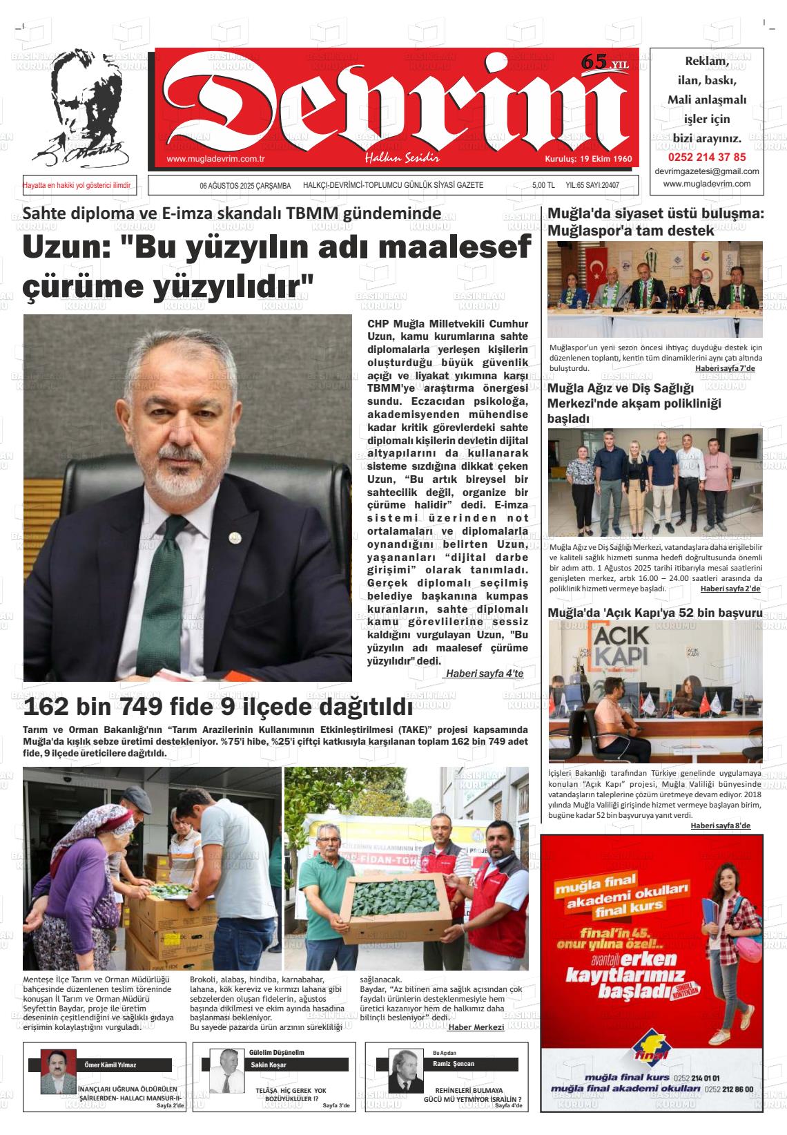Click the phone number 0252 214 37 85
706,157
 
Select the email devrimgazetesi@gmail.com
706,171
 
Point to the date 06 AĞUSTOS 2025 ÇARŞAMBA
245,185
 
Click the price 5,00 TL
543,185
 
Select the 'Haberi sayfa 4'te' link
484,673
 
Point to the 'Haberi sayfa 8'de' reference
720,826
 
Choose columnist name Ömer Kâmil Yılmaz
110,1065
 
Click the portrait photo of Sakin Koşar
224,1070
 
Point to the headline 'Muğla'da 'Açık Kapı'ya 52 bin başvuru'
654,613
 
